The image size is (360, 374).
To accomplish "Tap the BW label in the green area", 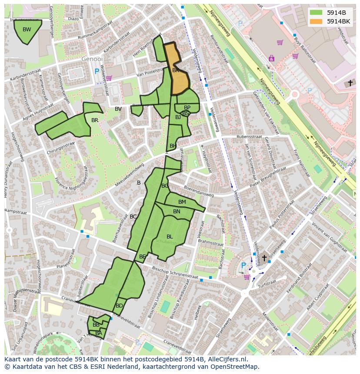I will click(27, 30).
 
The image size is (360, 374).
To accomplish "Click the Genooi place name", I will click(92, 59).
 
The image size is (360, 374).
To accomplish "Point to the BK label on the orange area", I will click(176, 70).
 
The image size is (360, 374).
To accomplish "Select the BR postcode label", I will click(95, 120).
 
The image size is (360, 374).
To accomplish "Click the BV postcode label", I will click(118, 109).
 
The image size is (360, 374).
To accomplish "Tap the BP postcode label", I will click(187, 107).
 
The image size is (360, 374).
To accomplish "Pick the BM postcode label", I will click(182, 202).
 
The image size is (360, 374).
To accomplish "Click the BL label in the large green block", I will click(170, 237).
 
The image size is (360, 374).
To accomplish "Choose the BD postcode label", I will click(119, 306).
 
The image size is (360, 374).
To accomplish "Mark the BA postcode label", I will click(99, 333).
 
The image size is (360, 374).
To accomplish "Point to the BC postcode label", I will click(133, 217).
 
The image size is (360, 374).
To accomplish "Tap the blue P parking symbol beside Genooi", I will click(97, 71).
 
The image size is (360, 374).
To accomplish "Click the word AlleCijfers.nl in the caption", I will click(227, 359).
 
